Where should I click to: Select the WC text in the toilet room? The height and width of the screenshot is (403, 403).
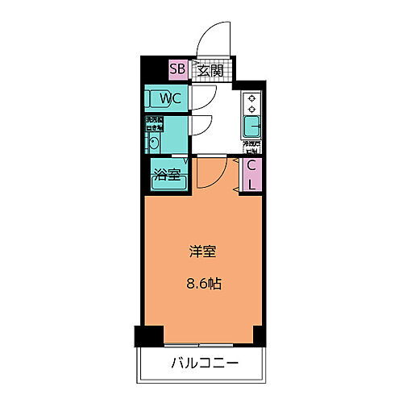[x=170, y=98]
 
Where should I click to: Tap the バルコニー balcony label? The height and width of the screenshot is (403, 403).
[x=203, y=364]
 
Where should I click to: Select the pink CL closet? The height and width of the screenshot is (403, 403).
[x=251, y=174]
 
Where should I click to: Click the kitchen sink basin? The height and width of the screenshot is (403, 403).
[x=251, y=127]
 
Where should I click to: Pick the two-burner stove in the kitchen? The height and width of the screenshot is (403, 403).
[x=251, y=103]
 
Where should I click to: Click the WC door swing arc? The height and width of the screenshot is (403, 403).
[x=202, y=97]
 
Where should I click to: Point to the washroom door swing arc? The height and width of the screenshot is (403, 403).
[x=201, y=125]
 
